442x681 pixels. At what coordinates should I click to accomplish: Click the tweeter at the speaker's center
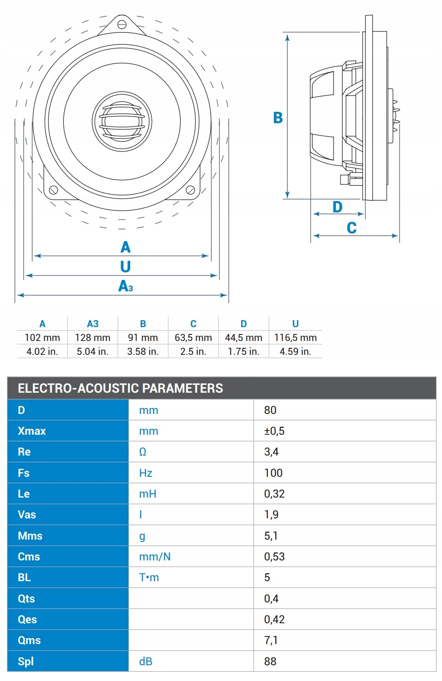click(x=122, y=122)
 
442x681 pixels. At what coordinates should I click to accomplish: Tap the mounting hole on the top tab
click(x=122, y=24)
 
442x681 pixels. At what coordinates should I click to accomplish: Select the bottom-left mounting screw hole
click(x=53, y=189)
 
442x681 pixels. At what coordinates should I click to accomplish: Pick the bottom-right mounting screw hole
click(x=190, y=189)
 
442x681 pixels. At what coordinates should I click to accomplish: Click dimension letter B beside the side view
click(x=278, y=118)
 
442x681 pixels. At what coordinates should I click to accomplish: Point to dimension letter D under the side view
click(x=338, y=207)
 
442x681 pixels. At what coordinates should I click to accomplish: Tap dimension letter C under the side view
click(x=351, y=228)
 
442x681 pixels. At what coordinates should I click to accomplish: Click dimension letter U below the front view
click(x=125, y=267)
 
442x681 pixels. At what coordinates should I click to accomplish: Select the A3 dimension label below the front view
click(x=126, y=286)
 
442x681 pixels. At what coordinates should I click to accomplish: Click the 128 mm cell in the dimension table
click(x=92, y=338)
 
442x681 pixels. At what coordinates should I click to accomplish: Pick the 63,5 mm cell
click(x=193, y=338)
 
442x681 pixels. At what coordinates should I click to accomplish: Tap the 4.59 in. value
click(x=295, y=352)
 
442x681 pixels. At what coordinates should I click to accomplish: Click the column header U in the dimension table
click(x=295, y=324)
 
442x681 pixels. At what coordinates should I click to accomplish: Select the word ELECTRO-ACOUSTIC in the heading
click(x=78, y=388)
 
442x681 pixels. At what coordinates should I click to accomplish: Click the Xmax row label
click(x=31, y=431)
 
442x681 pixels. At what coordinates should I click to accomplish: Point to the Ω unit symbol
click(x=143, y=452)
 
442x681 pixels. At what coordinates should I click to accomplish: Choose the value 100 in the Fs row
click(x=273, y=473)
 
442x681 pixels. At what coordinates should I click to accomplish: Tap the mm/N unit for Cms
click(x=155, y=557)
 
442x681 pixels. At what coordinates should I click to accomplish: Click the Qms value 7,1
click(x=271, y=640)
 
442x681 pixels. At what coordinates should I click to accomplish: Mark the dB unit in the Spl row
click(x=145, y=662)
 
